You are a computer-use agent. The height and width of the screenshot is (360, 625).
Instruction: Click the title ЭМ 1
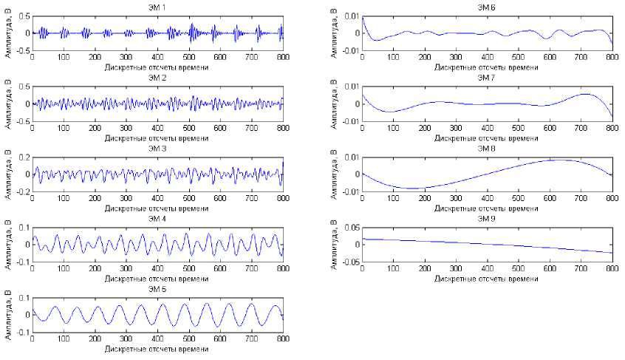[x=157, y=6]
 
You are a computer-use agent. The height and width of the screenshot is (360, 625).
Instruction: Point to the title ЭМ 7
[x=487, y=77]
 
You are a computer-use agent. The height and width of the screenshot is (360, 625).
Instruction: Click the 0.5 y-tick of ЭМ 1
[x=24, y=16]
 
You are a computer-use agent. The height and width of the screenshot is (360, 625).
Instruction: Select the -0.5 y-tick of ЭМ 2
[x=22, y=120]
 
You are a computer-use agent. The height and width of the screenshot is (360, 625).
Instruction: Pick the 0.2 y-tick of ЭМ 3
[x=24, y=157]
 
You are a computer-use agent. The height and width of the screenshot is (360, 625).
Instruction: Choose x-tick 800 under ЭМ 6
[x=612, y=57]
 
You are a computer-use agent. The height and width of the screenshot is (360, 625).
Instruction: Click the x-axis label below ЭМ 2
[x=157, y=137]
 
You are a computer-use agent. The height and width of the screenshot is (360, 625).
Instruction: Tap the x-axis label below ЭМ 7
[x=487, y=137]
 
